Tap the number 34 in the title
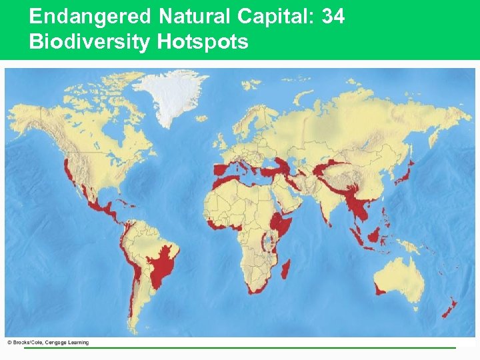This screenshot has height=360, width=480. (333, 16)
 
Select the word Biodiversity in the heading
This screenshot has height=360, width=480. (90, 42)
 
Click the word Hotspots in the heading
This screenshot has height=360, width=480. (203, 42)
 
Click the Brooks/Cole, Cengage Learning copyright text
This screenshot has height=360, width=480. (47, 343)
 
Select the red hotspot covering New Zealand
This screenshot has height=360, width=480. (451, 307)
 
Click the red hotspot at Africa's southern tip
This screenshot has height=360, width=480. (257, 288)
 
